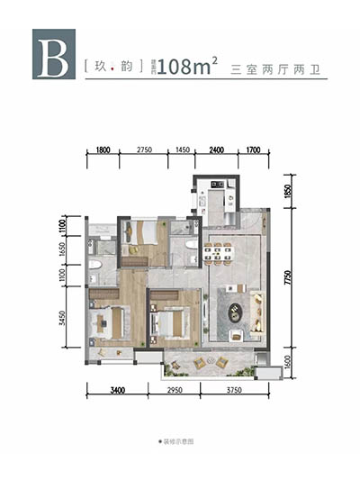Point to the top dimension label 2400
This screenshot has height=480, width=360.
pyautogui.click(x=215, y=150)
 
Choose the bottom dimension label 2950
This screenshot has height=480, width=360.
pyautogui.click(x=176, y=389)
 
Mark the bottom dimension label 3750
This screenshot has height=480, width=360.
pyautogui.click(x=234, y=389)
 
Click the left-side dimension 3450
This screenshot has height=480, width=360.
pyautogui.click(x=77, y=320)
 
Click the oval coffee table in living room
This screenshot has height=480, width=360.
pyautogui.click(x=238, y=312)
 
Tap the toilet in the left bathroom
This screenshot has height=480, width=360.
pyautogui.click(x=97, y=266)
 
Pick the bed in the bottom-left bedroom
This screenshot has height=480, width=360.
pyautogui.click(x=111, y=322)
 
